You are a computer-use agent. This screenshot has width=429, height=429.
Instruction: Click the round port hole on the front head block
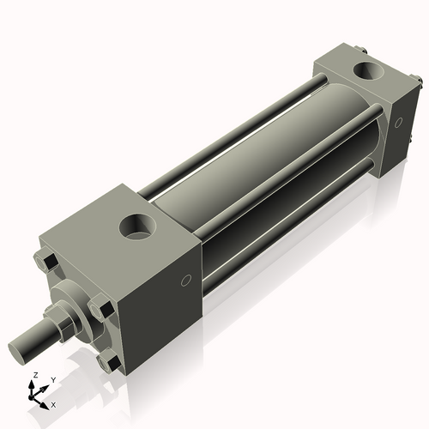[137, 227]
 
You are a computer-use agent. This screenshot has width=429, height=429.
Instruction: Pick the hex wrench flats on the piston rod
[62, 323]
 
